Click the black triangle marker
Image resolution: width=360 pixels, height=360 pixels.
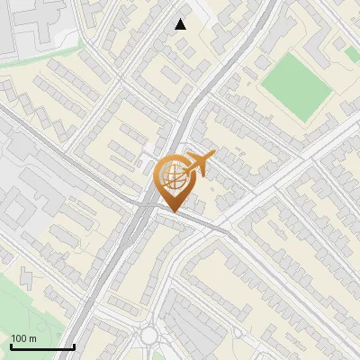coord(181,24)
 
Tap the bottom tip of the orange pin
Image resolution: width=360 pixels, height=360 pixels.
coord(173,211)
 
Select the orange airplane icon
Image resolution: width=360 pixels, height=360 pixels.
coord(197,165)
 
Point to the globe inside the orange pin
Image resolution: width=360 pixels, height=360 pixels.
coord(172,177)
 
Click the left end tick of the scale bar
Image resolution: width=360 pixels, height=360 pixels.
coord(11,346)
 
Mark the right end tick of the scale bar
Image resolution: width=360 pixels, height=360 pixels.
coord(74,346)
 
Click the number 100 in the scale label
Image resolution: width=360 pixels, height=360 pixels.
coord(19,337)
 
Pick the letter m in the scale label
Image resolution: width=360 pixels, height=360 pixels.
coord(32,337)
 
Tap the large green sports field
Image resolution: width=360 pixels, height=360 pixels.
coord(298,85)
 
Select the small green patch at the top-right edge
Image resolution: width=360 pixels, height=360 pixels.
coord(352,54)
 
